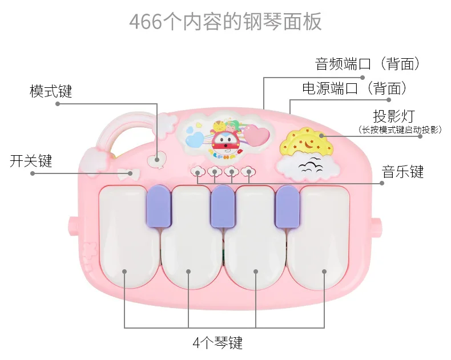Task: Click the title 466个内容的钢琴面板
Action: point(225,22)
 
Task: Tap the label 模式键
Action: point(51,91)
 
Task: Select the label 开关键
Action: point(31,161)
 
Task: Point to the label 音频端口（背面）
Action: point(367,63)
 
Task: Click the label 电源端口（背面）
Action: point(355,88)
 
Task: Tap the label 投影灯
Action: point(394,116)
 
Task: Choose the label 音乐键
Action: point(402,172)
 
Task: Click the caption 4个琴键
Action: point(218,342)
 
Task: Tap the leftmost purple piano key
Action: point(159,205)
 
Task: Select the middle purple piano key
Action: point(223,206)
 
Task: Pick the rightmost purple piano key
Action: point(287,207)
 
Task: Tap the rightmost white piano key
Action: point(319,238)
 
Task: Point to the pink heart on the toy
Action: point(256,135)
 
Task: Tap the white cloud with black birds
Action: point(308,167)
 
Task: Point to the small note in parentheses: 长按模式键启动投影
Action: point(400,130)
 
